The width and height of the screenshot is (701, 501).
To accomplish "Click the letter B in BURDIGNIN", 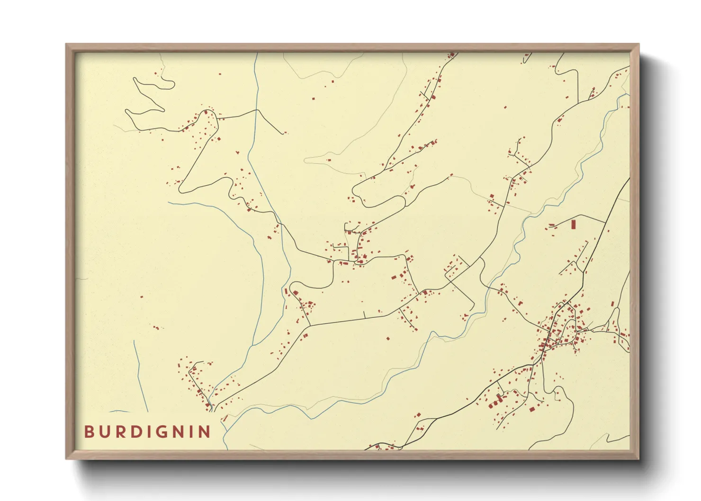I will [89, 432].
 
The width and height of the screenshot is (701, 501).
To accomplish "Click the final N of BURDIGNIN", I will [205, 432].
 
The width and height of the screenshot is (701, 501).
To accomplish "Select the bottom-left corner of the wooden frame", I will [67, 458].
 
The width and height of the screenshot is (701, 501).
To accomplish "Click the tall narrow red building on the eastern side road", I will [573, 224].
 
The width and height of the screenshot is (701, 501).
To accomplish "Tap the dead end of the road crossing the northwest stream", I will [284, 134].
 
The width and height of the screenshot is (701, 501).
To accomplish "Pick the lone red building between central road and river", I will [388, 339].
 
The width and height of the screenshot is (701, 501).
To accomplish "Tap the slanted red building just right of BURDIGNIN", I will [225, 418].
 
